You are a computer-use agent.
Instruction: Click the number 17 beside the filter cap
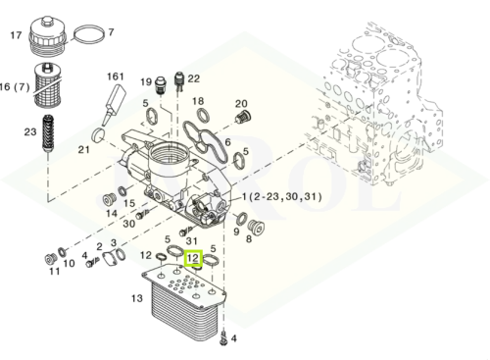[16, 35]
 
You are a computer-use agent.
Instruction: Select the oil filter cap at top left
[52, 37]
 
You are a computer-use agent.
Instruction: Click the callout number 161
[116, 77]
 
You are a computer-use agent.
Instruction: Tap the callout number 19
[147, 82]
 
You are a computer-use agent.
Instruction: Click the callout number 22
[194, 78]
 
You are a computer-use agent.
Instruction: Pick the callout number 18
[198, 102]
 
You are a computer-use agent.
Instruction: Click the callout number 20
[241, 104]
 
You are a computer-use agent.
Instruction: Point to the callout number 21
[84, 150]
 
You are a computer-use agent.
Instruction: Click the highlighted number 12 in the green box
[193, 259]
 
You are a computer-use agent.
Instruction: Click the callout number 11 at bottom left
[54, 271]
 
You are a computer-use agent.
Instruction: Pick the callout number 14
[111, 212]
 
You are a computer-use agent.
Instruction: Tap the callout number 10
[69, 263]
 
